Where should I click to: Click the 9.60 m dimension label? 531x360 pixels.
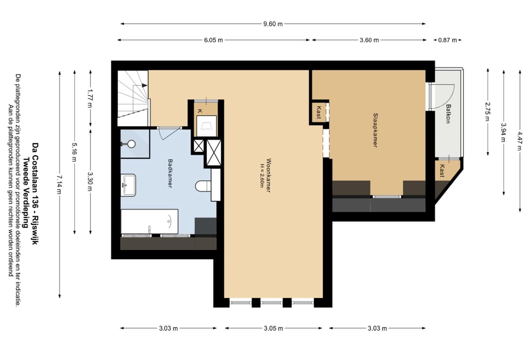pyautogui.click(x=273, y=24)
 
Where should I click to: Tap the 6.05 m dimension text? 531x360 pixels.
pyautogui.click(x=213, y=40)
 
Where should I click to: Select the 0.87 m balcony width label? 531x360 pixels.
pyautogui.click(x=448, y=40)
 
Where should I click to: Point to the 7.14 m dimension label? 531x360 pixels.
pyautogui.click(x=59, y=184)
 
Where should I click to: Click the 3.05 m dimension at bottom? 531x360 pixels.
pyautogui.click(x=273, y=328)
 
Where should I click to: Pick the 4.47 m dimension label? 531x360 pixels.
pyautogui.click(x=520, y=141)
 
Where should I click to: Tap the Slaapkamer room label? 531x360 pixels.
pyautogui.click(x=375, y=130)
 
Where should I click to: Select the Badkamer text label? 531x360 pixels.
pyautogui.click(x=170, y=174)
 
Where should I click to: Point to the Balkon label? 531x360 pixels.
pyautogui.click(x=448, y=114)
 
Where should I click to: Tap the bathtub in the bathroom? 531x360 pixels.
pyautogui.click(x=149, y=221)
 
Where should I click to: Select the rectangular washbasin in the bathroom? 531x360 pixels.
pyautogui.click(x=129, y=184)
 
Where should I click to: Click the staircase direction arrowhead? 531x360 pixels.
pyautogui.click(x=145, y=86)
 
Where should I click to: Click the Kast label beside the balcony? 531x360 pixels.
pyautogui.click(x=442, y=171)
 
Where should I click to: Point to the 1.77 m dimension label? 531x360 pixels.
pyautogui.click(x=90, y=98)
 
